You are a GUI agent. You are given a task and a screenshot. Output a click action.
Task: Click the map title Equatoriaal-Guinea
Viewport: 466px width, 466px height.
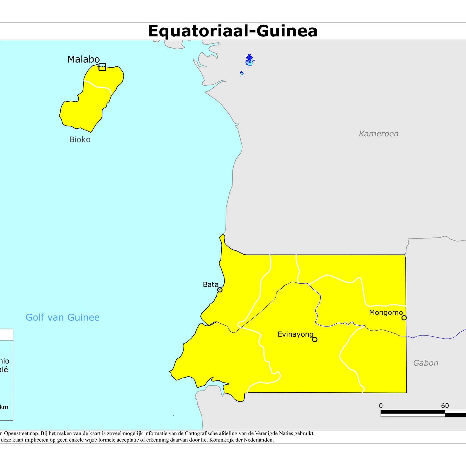click(x=233, y=31)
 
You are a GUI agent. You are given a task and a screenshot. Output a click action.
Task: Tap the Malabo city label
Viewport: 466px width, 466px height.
click(x=83, y=59)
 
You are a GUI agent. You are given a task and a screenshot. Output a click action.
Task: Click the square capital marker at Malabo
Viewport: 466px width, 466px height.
click(x=102, y=67)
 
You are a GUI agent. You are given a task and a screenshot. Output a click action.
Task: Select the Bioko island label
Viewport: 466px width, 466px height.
click(x=80, y=140)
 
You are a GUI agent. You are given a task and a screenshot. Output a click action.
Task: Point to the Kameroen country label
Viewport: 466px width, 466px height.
click(x=378, y=134)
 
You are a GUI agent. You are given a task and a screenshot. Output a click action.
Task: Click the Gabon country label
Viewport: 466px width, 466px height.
click(x=426, y=363)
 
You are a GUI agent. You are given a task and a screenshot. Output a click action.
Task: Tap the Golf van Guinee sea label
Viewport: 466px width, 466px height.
click(x=63, y=317)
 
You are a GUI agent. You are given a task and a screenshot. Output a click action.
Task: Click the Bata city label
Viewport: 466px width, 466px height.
click(x=210, y=285)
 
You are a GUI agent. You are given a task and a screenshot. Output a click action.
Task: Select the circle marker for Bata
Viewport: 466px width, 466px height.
click(x=220, y=290)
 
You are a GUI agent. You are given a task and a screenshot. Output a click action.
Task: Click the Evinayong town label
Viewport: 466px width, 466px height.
click(x=295, y=334)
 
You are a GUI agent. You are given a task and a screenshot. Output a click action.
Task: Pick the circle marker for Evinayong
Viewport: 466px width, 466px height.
click(x=315, y=339)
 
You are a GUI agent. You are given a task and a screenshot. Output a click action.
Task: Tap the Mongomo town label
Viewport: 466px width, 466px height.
click(x=386, y=313)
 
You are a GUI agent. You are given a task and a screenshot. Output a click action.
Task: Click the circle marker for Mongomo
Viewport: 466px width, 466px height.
click(x=404, y=318)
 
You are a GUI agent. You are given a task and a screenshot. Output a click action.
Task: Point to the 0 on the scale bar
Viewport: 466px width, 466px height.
click(x=381, y=406)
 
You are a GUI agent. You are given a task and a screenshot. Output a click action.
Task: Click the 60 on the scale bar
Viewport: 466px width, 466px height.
click(x=445, y=406)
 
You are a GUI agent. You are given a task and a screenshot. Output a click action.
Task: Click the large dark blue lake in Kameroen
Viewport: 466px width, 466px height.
click(x=249, y=59)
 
